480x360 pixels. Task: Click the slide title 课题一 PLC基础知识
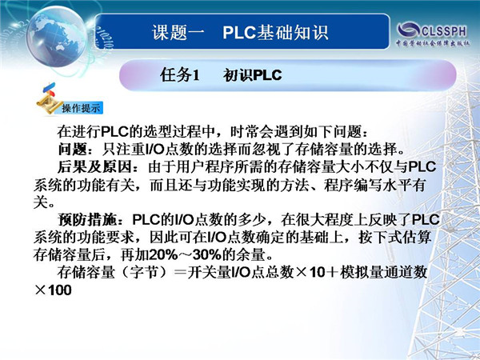coord(240,32)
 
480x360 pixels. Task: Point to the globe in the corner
coord(57,37)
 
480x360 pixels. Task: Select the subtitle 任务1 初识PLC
coord(221,75)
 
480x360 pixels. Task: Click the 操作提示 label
coord(81,108)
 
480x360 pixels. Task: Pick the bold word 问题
coord(73,150)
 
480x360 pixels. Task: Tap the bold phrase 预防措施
coord(88,219)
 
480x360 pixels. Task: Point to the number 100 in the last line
coord(60,290)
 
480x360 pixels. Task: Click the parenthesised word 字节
coord(143,272)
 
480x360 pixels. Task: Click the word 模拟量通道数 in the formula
coord(384,272)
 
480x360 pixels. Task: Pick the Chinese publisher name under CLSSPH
coord(432,43)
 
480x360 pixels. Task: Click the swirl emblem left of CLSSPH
coord(408,30)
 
